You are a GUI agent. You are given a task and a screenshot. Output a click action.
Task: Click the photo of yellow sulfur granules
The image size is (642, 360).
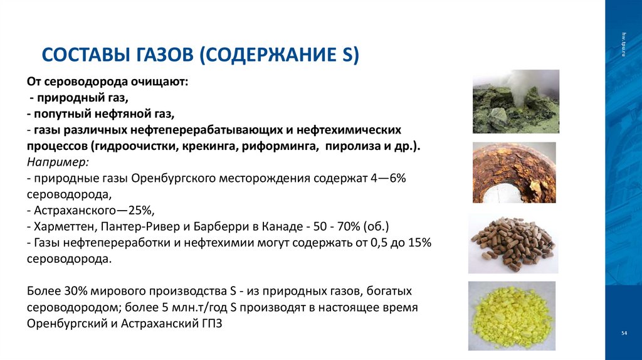512,315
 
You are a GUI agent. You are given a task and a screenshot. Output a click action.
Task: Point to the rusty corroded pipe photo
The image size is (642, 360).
514,172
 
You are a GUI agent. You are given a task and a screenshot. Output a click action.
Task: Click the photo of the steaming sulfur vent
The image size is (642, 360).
515,101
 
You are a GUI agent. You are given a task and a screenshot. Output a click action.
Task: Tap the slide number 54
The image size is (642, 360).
624,332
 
